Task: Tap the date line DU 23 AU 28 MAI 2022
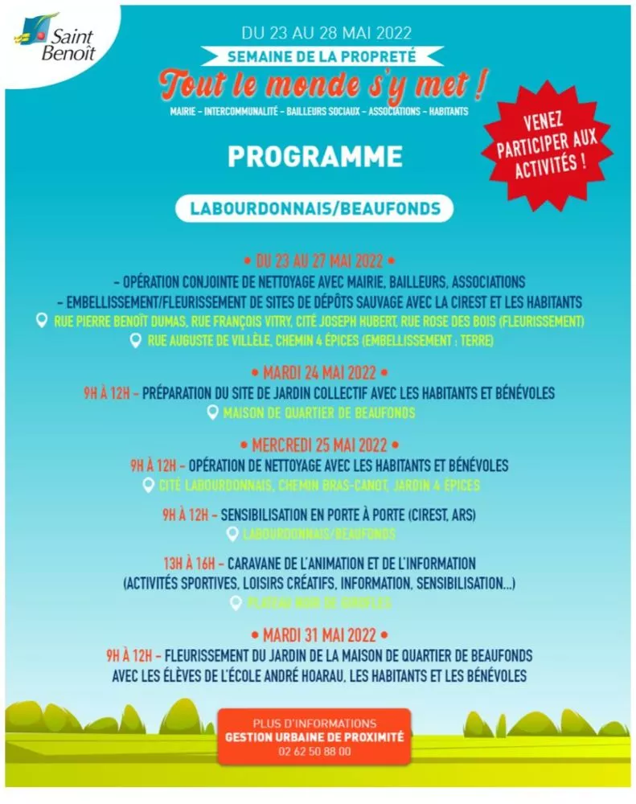(326, 34)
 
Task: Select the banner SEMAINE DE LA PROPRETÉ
(322, 57)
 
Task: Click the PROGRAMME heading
(315, 155)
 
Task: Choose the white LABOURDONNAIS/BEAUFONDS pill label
(314, 208)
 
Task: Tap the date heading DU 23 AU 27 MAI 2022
(319, 261)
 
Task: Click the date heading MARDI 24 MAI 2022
(319, 373)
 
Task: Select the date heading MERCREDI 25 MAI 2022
(319, 445)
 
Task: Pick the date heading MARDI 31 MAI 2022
(319, 635)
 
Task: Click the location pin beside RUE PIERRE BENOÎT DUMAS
(42, 321)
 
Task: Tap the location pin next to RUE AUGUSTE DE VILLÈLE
(135, 341)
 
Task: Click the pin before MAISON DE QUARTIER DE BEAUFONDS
(212, 412)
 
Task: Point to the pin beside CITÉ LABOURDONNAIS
(148, 485)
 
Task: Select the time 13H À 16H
(190, 563)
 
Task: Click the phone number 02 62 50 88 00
(314, 751)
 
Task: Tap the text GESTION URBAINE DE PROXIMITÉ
(314, 736)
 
